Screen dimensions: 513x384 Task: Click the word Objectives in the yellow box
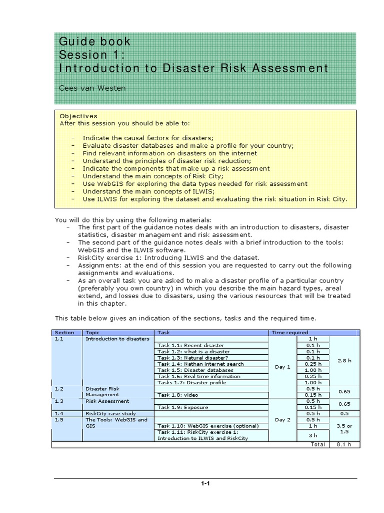click(x=78, y=116)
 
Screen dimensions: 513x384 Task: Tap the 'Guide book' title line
click(x=94, y=41)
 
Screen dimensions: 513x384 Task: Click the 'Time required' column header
click(x=289, y=333)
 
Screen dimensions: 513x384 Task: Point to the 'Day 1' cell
click(x=282, y=367)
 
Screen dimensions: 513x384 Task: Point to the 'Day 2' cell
click(x=282, y=420)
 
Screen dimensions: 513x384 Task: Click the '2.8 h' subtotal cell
click(x=344, y=361)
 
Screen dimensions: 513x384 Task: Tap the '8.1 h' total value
click(x=344, y=444)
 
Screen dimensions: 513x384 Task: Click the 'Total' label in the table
click(x=317, y=444)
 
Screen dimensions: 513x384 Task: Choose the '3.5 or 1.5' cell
click(x=344, y=429)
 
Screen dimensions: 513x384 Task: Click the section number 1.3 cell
click(x=59, y=401)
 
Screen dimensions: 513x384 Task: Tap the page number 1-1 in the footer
click(x=205, y=484)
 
